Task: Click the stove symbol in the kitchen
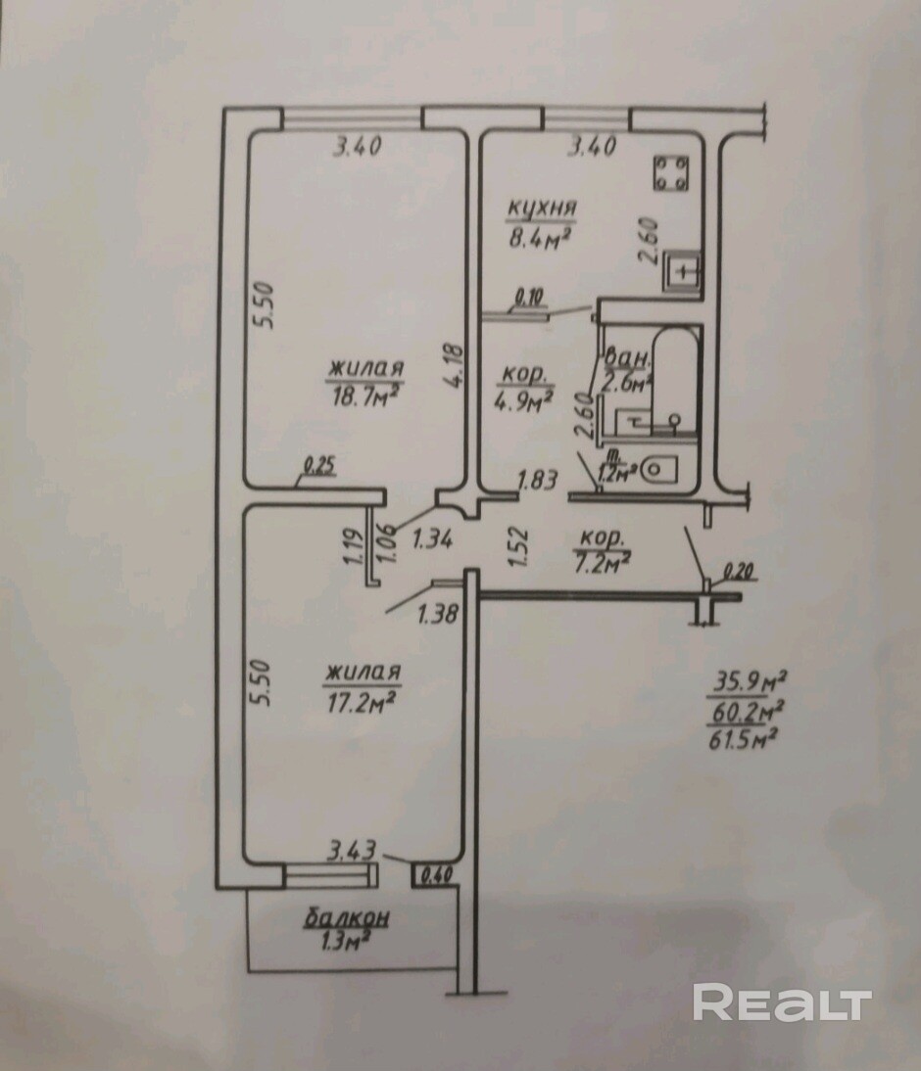(671, 172)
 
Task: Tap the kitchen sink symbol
(682, 272)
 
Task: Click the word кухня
(542, 208)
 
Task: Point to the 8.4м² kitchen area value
(539, 238)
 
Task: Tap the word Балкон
(347, 917)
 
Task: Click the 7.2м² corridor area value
(604, 563)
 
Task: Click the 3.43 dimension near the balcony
(353, 851)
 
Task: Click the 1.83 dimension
(539, 480)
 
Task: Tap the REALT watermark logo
(782, 1002)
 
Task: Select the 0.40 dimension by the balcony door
(438, 875)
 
